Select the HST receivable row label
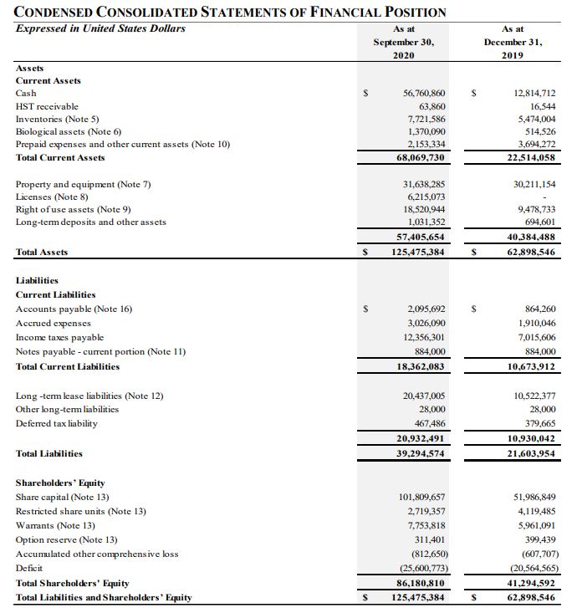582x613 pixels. (47, 106)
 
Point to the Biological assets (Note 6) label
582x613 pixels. (69, 131)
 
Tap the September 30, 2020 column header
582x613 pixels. (404, 42)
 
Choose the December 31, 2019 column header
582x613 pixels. (513, 42)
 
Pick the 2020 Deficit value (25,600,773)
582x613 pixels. (416, 568)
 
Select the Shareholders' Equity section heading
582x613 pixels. (60, 483)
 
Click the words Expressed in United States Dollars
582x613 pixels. (100, 28)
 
